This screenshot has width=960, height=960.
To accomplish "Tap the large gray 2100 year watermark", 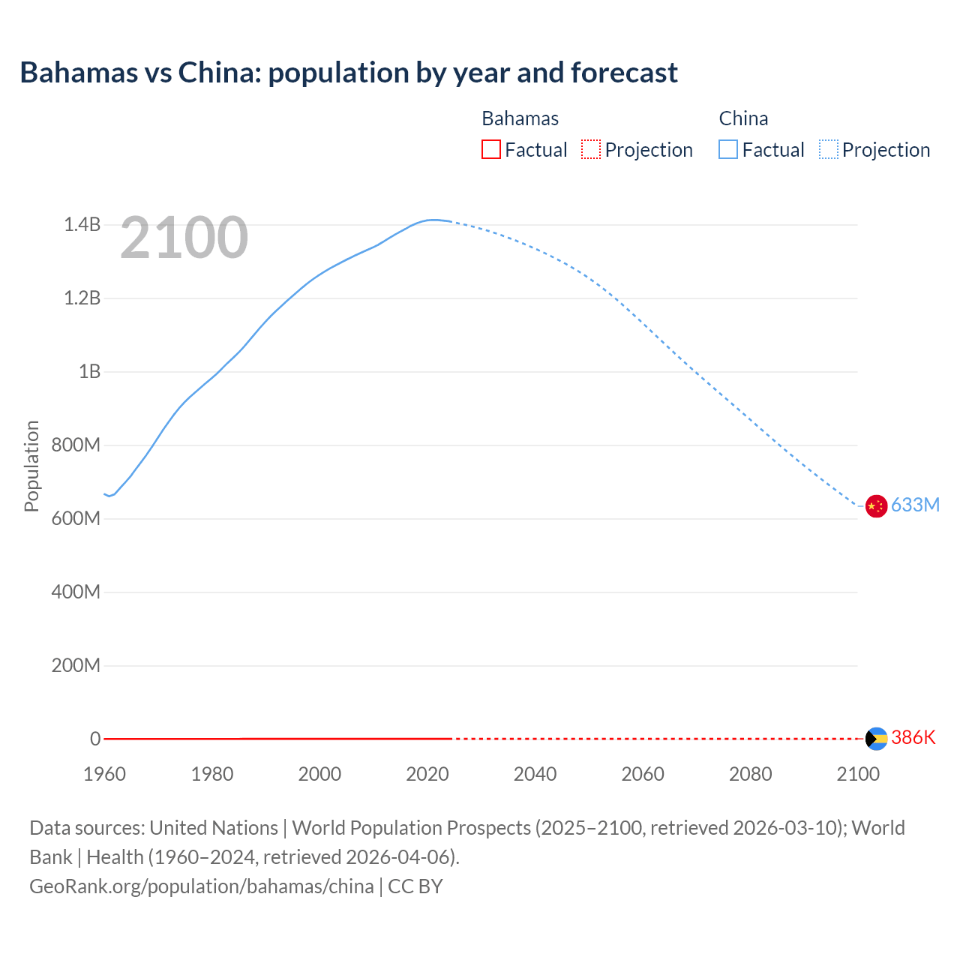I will [x=184, y=238].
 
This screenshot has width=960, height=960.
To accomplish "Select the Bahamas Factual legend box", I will [x=491, y=149].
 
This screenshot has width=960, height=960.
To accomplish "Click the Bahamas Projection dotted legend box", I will [x=591, y=149].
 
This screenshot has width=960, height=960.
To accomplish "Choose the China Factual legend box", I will [x=728, y=149].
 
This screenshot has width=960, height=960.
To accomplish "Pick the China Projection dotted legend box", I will [x=828, y=149].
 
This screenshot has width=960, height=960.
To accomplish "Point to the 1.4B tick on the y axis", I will [x=82, y=224].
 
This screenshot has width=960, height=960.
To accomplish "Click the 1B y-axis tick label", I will [x=89, y=371].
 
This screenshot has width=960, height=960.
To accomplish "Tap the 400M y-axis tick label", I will [x=76, y=592].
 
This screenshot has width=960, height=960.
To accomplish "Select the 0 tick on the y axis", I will [x=95, y=739].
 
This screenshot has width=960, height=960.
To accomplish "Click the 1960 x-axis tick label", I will [x=104, y=774].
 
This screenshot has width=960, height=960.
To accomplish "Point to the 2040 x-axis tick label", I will [x=535, y=774].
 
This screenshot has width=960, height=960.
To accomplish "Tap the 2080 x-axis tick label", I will [x=750, y=774].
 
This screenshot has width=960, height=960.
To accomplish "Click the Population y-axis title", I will [x=31, y=466].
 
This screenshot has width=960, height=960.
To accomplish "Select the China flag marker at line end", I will [x=876, y=506].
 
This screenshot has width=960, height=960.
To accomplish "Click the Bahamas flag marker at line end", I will [x=876, y=739].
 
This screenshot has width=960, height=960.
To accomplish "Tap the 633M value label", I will [x=915, y=505].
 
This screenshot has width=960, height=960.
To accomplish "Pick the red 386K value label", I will [x=913, y=737].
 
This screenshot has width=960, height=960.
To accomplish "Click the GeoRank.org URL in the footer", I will [x=201, y=886].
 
